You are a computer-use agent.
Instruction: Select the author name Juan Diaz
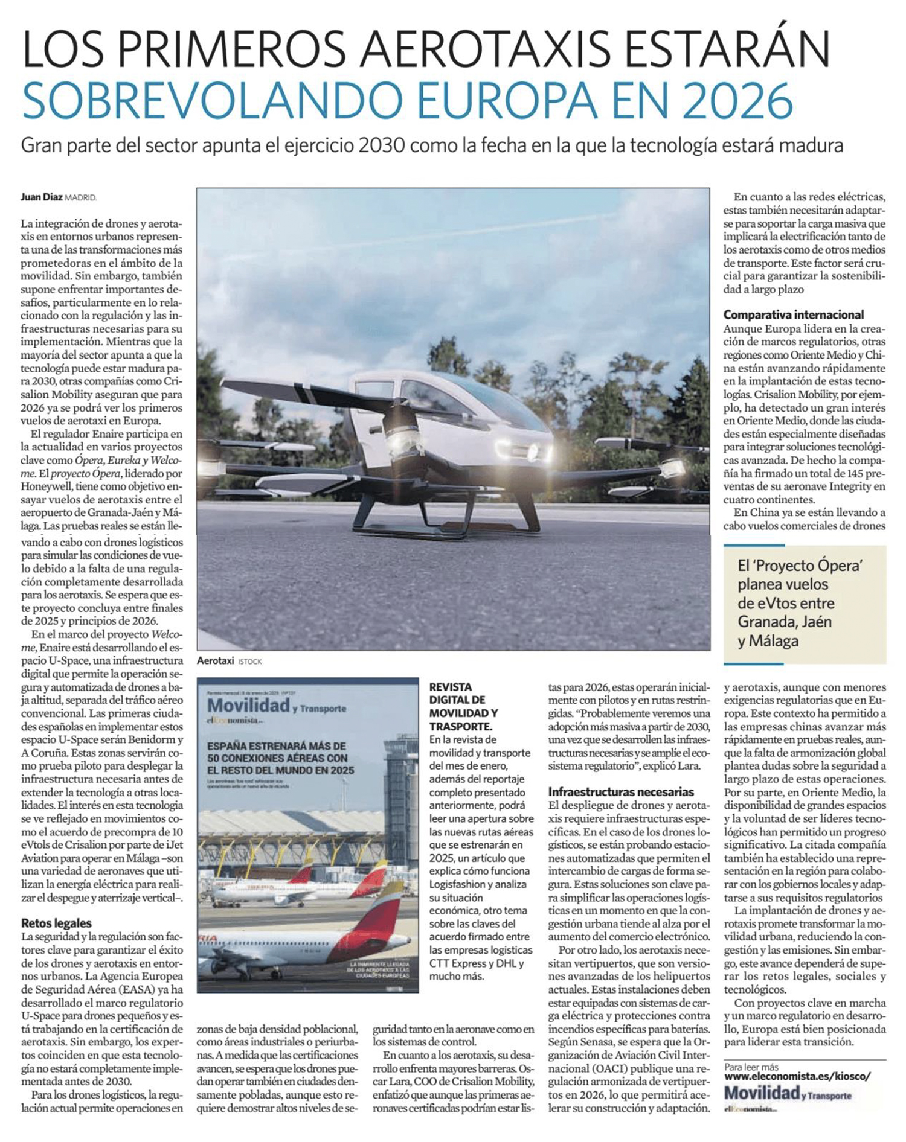pyautogui.click(x=41, y=197)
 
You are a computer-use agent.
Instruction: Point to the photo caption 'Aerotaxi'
pyautogui.click(x=215, y=661)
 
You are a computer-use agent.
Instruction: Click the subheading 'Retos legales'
pyautogui.click(x=56, y=923)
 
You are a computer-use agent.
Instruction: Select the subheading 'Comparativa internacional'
pyautogui.click(x=793, y=314)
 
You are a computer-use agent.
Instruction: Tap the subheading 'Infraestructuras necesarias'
pyautogui.click(x=621, y=792)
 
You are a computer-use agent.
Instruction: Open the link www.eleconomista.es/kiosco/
pyautogui.click(x=797, y=1076)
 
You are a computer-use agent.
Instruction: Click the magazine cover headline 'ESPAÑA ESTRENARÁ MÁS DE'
pyautogui.click(x=277, y=747)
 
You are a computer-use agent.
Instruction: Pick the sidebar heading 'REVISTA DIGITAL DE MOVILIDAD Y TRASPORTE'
pyautogui.click(x=463, y=706)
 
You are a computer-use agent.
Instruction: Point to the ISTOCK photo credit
pyautogui.click(x=250, y=662)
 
